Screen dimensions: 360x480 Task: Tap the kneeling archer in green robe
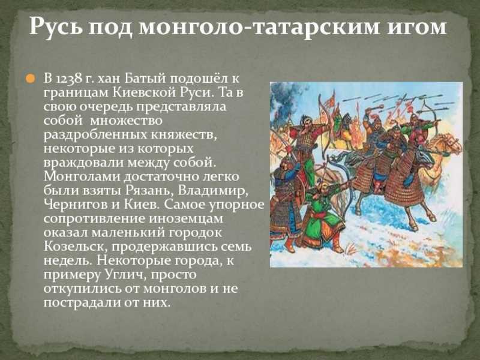click(321, 216)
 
